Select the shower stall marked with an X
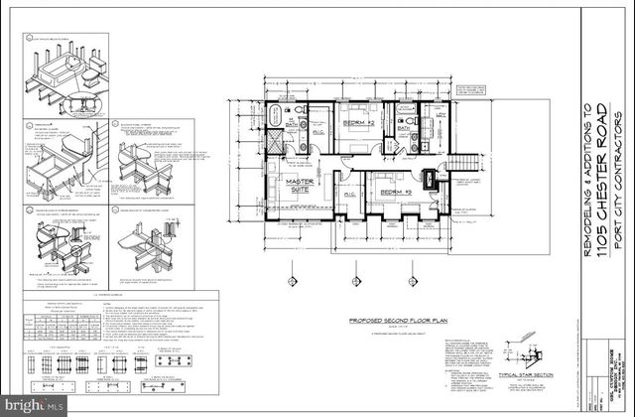click(x=275, y=142)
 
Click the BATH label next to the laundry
click(x=405, y=127)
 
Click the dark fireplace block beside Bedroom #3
click(x=429, y=180)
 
